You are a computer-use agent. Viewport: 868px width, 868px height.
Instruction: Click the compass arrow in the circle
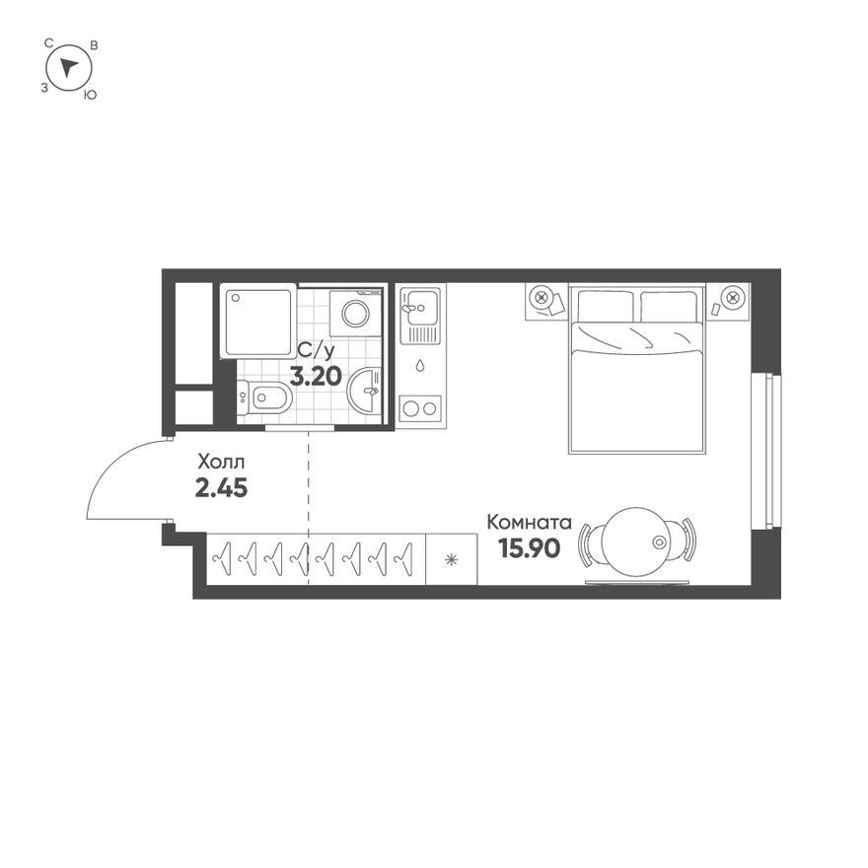click(69, 67)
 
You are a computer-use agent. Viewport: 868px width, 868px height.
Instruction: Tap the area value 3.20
click(316, 377)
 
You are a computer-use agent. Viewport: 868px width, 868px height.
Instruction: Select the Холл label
click(221, 462)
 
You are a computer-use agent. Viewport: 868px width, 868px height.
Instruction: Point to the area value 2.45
click(221, 487)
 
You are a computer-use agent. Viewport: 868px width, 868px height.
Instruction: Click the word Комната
click(529, 522)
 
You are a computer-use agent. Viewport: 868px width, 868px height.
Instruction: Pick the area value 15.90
click(530, 548)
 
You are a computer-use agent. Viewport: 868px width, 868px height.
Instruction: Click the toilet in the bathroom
click(263, 397)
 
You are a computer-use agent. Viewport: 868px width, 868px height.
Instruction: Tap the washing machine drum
click(355, 314)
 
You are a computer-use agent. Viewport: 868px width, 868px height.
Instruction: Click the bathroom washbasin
click(365, 390)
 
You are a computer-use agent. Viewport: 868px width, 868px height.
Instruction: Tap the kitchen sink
click(420, 315)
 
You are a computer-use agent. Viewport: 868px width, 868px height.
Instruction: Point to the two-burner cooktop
click(420, 408)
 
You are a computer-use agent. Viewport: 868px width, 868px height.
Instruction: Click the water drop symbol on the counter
click(420, 365)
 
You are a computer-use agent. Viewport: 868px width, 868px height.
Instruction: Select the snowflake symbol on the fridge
click(451, 559)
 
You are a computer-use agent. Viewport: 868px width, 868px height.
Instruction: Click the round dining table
click(636, 542)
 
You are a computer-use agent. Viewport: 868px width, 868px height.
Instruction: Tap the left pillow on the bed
click(605, 306)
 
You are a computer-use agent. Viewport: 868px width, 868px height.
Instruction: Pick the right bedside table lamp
click(733, 297)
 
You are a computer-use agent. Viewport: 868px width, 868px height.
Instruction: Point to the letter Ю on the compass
click(90, 96)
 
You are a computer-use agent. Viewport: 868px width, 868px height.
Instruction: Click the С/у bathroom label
click(316, 350)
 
